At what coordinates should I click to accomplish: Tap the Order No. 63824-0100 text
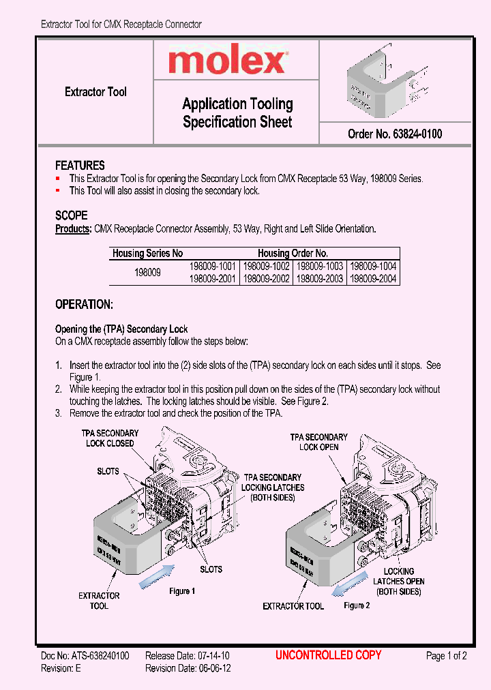point(394,134)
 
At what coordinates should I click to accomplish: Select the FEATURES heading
point(80,166)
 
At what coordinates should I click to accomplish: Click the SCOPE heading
point(71,215)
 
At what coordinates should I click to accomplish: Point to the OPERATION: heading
point(84,305)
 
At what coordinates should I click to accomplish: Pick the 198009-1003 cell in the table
point(321,267)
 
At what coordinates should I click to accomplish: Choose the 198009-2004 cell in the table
point(373,279)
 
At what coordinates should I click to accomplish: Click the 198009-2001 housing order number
point(212,279)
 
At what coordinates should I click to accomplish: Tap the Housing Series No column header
point(147,254)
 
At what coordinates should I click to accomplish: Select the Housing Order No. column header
point(293,254)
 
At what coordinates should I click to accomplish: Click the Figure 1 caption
point(183,591)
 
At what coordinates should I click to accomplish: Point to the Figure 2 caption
point(357,605)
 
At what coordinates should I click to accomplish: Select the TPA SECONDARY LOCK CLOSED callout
point(110,438)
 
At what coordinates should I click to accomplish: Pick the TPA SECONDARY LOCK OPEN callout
point(319,442)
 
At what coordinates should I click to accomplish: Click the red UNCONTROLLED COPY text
point(328,656)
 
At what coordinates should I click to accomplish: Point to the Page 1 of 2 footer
point(446,657)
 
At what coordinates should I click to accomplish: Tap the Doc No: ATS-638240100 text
point(85,657)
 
